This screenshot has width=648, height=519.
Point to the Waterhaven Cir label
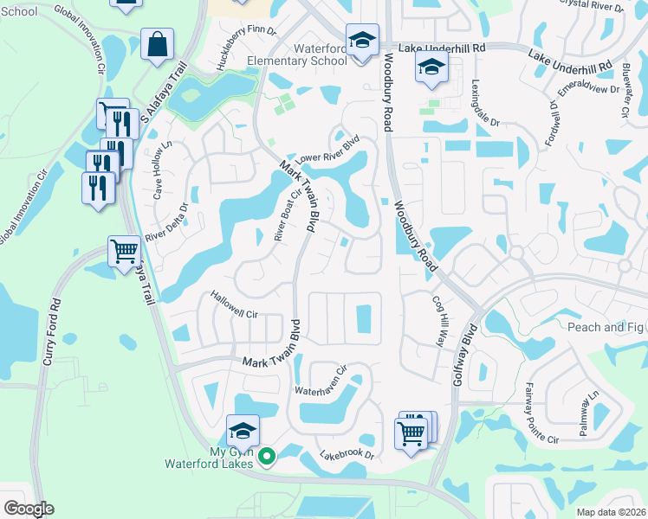click(321, 379)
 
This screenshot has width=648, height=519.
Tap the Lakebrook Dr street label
click(347, 453)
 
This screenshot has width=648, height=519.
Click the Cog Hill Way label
click(438, 323)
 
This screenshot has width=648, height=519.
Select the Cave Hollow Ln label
click(162, 170)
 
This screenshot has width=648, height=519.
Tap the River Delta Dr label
click(167, 223)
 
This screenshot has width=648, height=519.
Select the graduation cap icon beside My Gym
click(243, 430)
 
